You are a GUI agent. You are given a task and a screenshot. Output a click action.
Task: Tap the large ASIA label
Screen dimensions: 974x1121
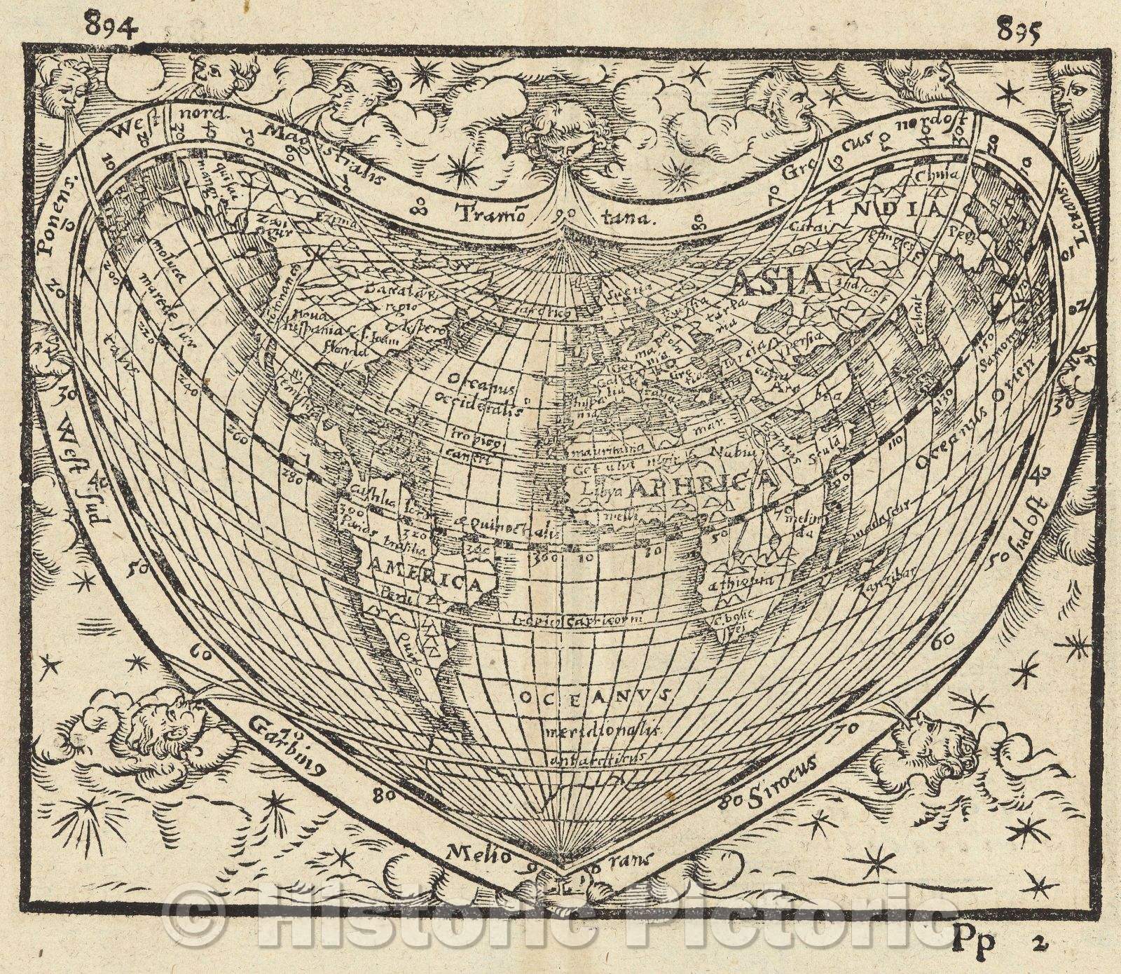pos(777,282)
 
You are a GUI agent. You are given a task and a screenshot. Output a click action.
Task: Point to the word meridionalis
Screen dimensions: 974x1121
pos(602,730)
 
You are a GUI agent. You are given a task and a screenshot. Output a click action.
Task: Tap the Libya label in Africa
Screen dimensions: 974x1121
pos(588,491)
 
